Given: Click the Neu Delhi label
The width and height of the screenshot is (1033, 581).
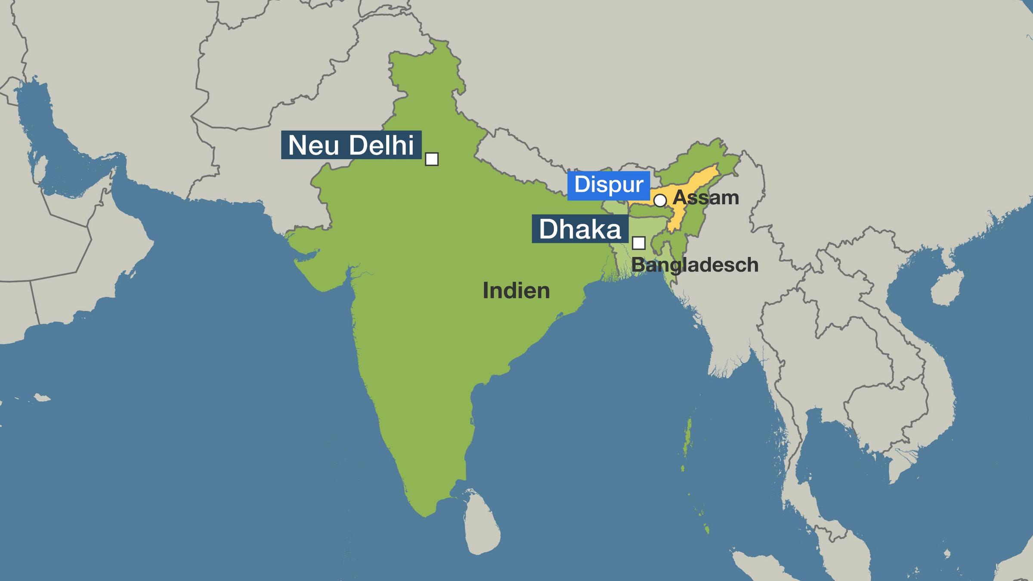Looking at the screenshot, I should pyautogui.click(x=351, y=145).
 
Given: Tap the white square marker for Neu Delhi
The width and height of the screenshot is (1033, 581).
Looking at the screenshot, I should pyautogui.click(x=432, y=159).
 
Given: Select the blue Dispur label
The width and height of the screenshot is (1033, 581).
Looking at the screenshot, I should pyautogui.click(x=608, y=185).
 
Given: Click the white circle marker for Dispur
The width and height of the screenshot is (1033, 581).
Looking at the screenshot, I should pyautogui.click(x=660, y=200).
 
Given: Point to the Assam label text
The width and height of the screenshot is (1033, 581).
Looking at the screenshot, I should pyautogui.click(x=706, y=198).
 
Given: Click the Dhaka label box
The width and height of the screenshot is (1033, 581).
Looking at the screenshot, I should pyautogui.click(x=580, y=229).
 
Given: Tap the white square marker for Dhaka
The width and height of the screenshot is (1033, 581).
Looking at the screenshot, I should pyautogui.click(x=638, y=243).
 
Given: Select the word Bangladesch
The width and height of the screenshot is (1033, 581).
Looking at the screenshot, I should pyautogui.click(x=695, y=265).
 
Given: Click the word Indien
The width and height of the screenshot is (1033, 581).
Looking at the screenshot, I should pyautogui.click(x=516, y=290).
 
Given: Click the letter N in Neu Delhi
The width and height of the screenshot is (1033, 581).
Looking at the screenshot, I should pyautogui.click(x=296, y=145).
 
